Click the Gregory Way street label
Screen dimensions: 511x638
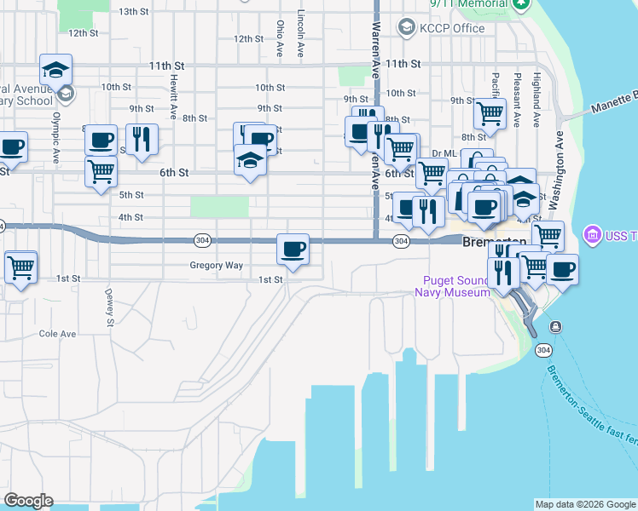click(x=216, y=265)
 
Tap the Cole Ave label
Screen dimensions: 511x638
click(x=57, y=334)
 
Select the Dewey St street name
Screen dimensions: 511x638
click(x=109, y=307)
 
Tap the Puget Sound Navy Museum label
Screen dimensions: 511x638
click(x=452, y=287)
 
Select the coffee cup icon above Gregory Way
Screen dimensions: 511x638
click(x=293, y=250)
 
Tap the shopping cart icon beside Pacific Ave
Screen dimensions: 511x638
click(x=490, y=113)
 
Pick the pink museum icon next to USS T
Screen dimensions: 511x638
click(x=590, y=234)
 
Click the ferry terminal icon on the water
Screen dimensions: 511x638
click(x=556, y=327)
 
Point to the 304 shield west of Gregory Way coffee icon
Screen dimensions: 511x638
click(x=201, y=241)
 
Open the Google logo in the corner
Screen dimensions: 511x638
click(x=28, y=501)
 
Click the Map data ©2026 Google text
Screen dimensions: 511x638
click(x=585, y=504)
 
